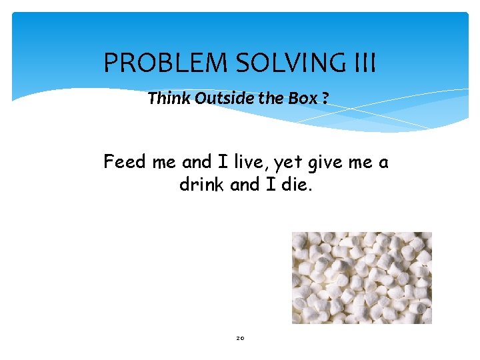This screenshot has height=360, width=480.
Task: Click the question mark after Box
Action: click(325, 99)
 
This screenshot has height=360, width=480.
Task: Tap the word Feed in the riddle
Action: click(123, 162)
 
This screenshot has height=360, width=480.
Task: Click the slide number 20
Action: click(240, 339)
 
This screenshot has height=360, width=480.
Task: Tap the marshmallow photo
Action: click(361, 277)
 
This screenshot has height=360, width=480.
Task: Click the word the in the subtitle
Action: click(271, 99)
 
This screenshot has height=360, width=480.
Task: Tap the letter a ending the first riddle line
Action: click(383, 163)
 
